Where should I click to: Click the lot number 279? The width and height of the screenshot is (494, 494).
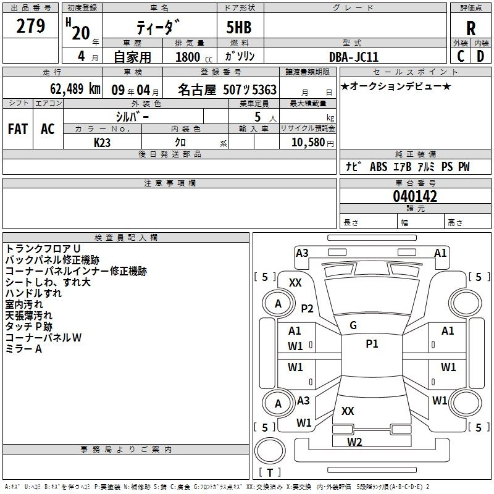tap(30, 26)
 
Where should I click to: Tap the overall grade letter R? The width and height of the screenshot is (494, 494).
tap(471, 28)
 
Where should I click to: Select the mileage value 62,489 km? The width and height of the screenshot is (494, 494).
tap(75, 89)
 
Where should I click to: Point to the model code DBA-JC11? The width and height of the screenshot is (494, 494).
tap(353, 57)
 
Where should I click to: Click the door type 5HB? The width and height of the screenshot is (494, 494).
tap(239, 27)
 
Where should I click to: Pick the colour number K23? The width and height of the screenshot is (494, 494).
tap(102, 143)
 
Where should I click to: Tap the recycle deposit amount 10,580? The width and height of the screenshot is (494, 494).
tap(308, 142)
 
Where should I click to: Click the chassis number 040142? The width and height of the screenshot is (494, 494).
tap(415, 196)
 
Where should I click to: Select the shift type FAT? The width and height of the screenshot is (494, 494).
tap(18, 129)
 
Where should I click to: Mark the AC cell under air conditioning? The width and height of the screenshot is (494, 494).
tap(48, 129)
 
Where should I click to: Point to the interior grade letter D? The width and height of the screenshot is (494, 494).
tap(480, 56)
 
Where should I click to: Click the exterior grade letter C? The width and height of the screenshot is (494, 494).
tap(461, 56)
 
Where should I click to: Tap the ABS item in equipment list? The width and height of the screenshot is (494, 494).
tap(379, 167)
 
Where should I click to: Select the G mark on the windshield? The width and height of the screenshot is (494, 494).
tap(353, 325)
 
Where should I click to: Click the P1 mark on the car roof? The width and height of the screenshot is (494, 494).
tap(372, 344)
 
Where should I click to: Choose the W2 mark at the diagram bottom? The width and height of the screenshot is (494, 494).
tap(354, 442)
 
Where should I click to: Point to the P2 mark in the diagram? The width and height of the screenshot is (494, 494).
tap(307, 308)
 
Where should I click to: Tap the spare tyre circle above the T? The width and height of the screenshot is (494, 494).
tap(270, 451)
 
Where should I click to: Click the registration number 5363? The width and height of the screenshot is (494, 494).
tap(264, 90)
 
